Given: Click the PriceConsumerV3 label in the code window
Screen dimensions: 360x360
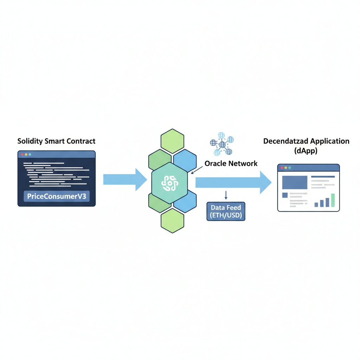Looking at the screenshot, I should pos(57,196).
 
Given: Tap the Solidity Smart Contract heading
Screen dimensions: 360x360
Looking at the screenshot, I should pos(56,141).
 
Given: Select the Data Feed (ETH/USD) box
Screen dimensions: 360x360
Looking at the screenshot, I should pos(226,211).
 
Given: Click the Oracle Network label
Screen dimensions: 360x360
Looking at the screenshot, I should pos(231,163).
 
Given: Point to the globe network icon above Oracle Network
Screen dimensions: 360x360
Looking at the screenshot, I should pos(221,144).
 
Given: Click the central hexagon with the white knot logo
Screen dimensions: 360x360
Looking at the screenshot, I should pos(169,183).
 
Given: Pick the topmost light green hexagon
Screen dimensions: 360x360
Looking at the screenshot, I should pos(172,141).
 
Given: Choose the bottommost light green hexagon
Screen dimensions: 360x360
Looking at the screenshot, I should pos(172,220).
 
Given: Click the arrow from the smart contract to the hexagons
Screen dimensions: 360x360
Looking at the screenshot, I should pos(125,179).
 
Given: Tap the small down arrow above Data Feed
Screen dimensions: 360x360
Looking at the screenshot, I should pos(226,195).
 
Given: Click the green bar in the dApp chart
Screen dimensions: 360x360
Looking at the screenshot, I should pos(333,200).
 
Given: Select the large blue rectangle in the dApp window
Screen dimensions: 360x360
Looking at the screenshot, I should pos(295,182).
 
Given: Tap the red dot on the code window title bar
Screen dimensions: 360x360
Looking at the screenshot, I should pos(22,154).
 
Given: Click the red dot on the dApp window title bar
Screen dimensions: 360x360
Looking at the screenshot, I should pos(282,168).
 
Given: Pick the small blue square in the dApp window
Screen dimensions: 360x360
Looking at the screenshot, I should pos(285,195).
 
